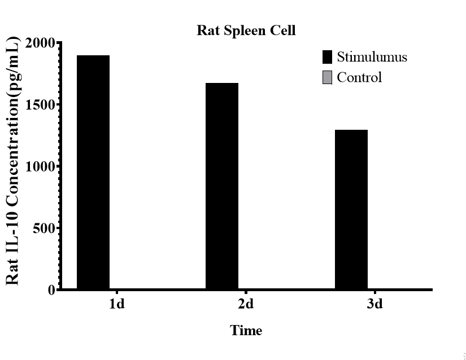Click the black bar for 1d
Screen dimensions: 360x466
(x=93, y=172)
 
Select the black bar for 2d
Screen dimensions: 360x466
(x=222, y=186)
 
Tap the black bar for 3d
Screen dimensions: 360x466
(x=351, y=209)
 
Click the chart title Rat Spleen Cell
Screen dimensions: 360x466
(x=246, y=30)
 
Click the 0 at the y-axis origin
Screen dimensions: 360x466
(x=51, y=290)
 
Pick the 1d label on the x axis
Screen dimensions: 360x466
(x=117, y=305)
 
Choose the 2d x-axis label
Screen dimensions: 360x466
(x=246, y=305)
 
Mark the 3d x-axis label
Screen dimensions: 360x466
(x=374, y=305)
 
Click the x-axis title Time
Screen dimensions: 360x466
(x=246, y=331)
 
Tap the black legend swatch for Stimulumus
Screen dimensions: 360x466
(x=327, y=57)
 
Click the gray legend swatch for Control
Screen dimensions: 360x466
(x=327, y=77)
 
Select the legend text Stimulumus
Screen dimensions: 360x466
(x=372, y=57)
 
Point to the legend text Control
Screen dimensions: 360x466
(x=359, y=77)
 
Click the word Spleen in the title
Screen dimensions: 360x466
(x=246, y=30)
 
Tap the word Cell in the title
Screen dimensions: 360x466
(x=284, y=30)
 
